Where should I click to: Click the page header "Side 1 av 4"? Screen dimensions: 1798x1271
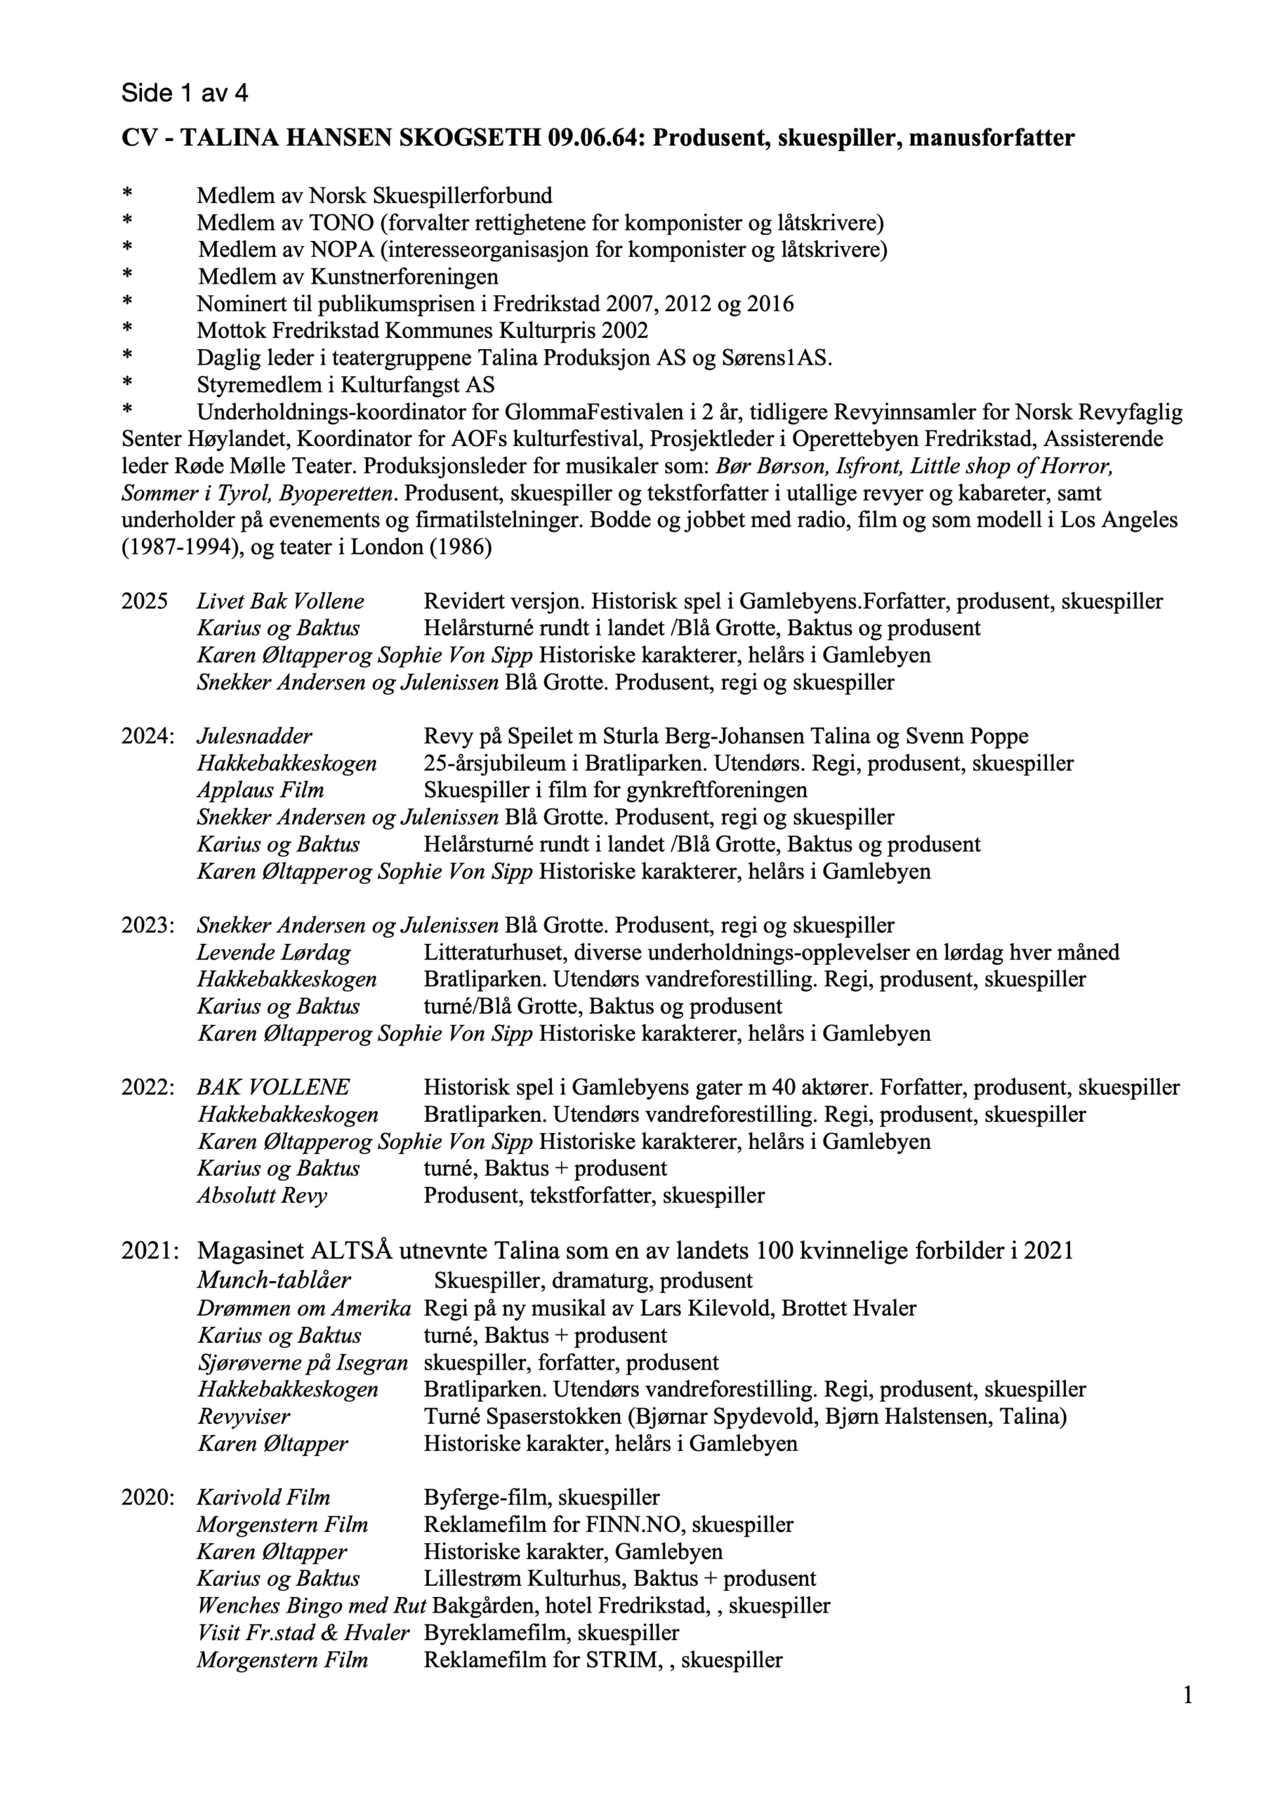(185, 93)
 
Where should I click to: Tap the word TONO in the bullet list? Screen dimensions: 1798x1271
(341, 223)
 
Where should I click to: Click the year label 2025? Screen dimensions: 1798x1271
(144, 601)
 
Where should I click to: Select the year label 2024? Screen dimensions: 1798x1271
(147, 736)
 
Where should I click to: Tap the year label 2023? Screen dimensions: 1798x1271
(147, 926)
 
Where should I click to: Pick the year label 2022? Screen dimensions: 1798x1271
(147, 1088)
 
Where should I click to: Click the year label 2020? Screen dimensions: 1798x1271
(147, 1498)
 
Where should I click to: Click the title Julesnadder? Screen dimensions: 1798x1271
(254, 736)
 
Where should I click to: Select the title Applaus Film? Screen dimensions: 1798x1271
(260, 790)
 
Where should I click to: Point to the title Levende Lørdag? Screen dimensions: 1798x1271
(273, 953)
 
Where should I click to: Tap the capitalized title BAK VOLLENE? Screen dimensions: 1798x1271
(273, 1088)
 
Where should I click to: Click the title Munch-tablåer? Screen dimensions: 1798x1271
(273, 1280)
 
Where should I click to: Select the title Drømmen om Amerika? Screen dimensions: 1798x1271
(304, 1308)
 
